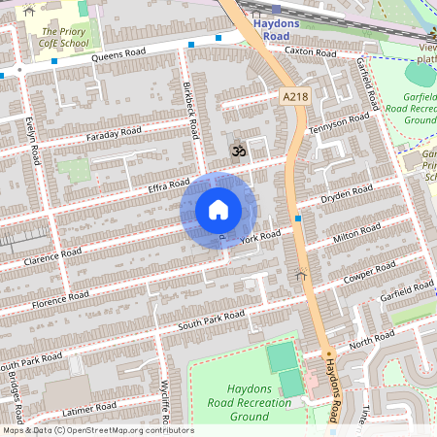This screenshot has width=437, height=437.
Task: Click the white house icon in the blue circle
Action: pyautogui.click(x=218, y=210)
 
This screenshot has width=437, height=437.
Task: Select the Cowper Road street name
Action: pyautogui.click(x=369, y=271)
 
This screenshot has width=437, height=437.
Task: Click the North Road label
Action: pyautogui.click(x=372, y=340)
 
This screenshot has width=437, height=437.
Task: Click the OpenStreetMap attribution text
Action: pyautogui.click(x=97, y=430)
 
